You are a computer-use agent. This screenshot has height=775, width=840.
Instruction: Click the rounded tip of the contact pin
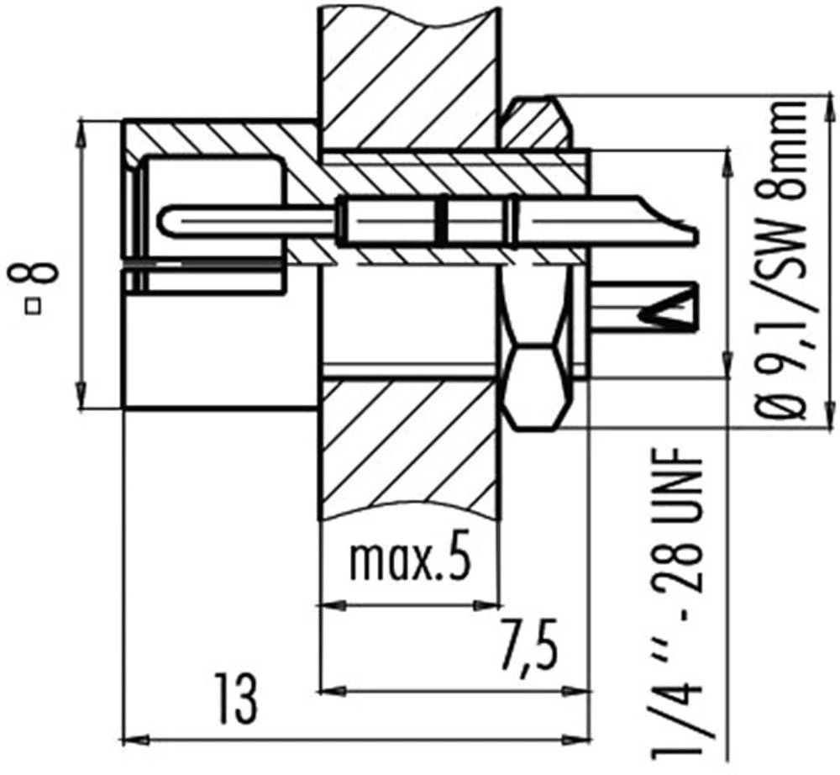click(x=166, y=220)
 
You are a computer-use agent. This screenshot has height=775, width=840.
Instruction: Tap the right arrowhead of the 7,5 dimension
click(x=581, y=692)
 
